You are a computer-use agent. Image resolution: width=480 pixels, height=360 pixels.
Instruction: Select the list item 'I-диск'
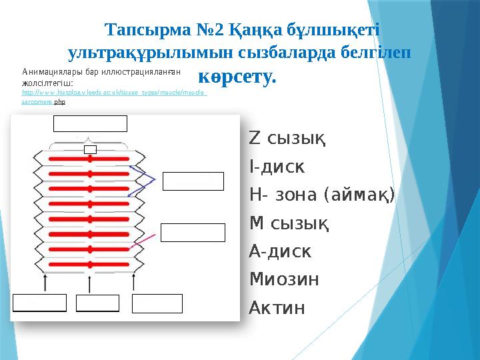pos(276,167)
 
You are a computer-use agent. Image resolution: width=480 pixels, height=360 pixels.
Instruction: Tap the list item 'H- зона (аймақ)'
pos(321,195)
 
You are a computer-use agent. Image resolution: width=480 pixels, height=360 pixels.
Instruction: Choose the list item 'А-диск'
pos(279,252)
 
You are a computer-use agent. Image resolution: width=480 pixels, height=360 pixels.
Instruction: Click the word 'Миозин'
pos(283,280)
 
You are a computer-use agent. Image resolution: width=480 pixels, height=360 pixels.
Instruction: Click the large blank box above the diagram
pos(90,124)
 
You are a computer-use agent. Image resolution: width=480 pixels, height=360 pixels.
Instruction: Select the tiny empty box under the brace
pos(91,149)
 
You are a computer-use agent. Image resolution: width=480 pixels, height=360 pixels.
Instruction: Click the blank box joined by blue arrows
pos(193,181)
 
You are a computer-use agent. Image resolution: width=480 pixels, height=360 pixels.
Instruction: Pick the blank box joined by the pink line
pos(193,232)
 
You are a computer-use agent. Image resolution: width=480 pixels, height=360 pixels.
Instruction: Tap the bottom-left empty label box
pos(41,303)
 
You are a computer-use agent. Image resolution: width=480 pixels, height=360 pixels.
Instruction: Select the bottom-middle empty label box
pos(97,303)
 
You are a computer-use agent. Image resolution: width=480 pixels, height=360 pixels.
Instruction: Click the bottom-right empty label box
pos(157,303)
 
